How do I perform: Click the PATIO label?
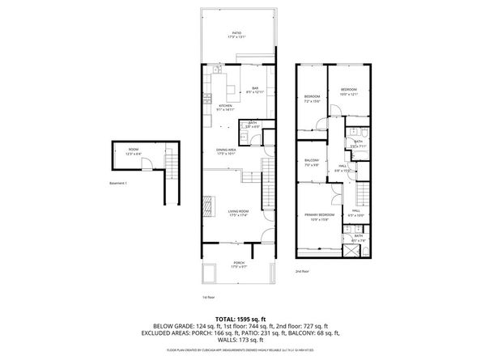236,32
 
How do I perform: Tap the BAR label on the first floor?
254,87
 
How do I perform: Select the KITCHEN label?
225,105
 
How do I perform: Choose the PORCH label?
239,262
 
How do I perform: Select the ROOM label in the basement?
133,149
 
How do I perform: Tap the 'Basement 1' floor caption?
120,183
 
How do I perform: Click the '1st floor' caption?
208,297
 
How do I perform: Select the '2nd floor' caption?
302,271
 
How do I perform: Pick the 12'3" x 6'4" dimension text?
133,154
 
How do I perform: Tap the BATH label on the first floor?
253,122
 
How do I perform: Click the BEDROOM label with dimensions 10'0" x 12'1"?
349,91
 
